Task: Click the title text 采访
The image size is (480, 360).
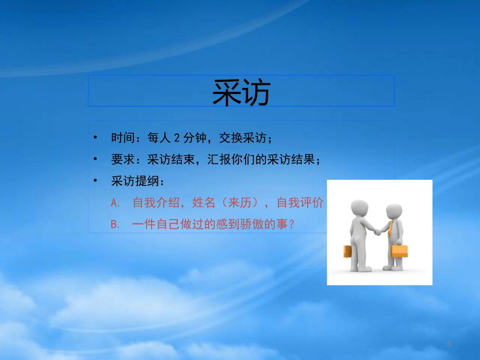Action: (241, 92)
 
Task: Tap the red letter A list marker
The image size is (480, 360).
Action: (114, 203)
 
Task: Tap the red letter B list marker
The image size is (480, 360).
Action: (114, 224)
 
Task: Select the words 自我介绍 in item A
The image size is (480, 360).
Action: (157, 203)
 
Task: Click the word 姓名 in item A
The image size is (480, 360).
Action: (204, 203)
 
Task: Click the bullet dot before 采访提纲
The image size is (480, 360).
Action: (95, 181)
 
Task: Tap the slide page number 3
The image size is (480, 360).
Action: (449, 344)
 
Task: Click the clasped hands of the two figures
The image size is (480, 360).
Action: (377, 231)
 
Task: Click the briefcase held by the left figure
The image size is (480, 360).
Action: (348, 251)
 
